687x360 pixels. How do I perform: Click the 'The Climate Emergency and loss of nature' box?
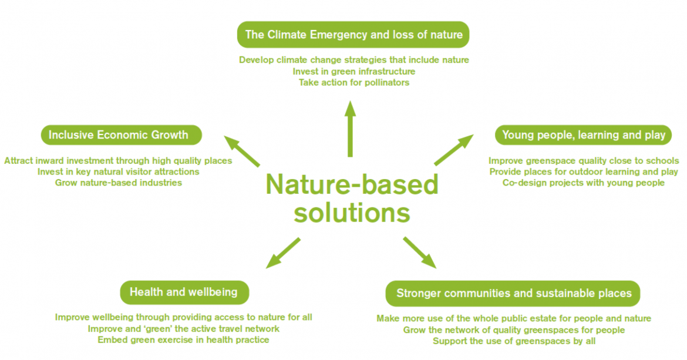point(353,35)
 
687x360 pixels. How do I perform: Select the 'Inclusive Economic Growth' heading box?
point(122,135)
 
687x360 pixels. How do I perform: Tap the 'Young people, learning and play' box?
point(583,135)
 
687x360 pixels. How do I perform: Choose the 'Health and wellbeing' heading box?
point(184,292)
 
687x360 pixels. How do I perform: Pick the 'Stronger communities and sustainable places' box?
point(513,294)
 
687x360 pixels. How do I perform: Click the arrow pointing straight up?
point(349,129)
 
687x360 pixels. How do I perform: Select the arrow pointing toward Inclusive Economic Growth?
point(242,151)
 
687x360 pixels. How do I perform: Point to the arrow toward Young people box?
point(454,150)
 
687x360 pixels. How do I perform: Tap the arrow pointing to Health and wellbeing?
point(283,253)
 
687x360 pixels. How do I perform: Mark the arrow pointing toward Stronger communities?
point(420,253)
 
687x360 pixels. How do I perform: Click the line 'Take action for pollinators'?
point(354,82)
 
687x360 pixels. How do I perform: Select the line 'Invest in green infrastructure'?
point(354,72)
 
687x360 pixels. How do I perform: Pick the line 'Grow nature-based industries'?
point(118,183)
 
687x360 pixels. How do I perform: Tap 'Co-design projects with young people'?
point(583,183)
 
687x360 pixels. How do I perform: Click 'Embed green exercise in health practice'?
point(183,340)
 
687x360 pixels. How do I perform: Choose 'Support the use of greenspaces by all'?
point(514,341)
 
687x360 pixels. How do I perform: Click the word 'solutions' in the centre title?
point(352,213)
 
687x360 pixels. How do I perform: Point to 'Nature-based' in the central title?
point(352,184)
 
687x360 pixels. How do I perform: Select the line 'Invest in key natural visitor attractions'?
point(118,171)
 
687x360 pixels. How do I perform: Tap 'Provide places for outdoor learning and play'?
point(583,171)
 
